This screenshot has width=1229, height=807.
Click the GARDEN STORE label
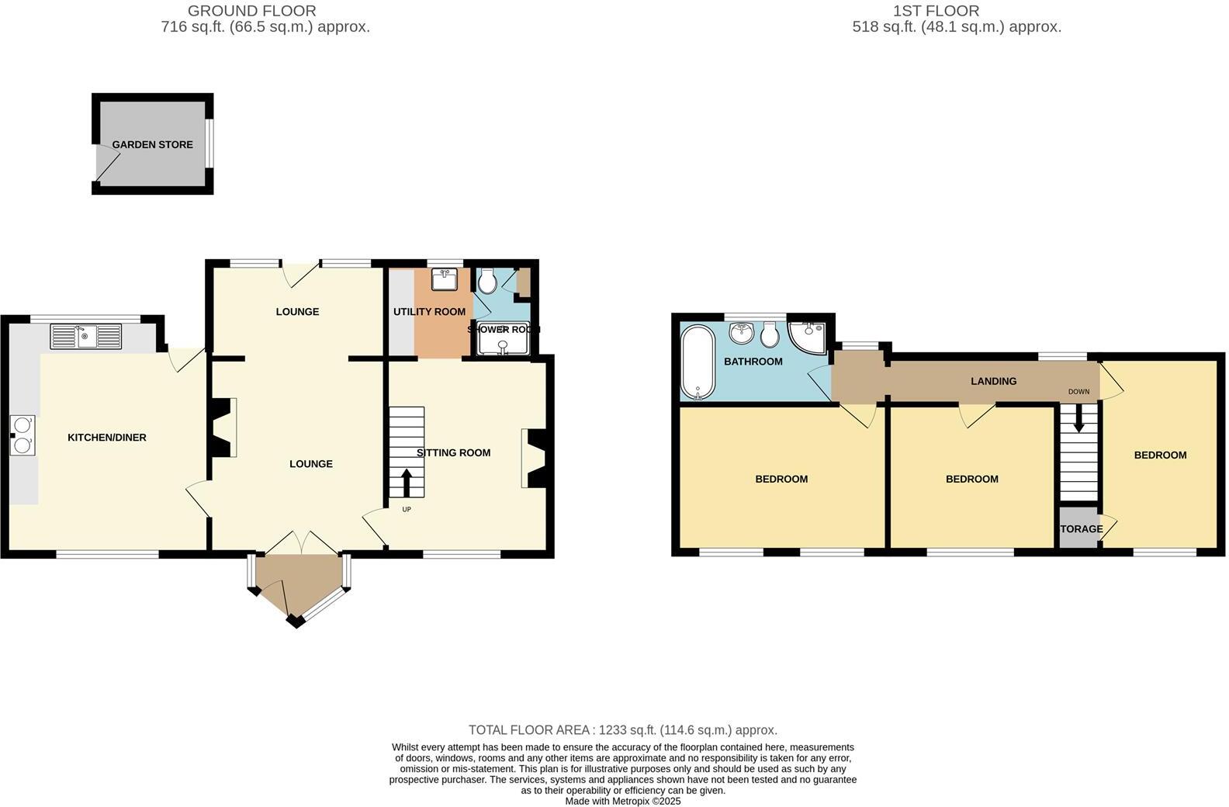tap(152, 144)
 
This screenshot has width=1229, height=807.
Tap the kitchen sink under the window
tap(86, 336)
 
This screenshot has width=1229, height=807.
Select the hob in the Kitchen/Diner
tap(23, 435)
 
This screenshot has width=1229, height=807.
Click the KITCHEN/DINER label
tap(107, 438)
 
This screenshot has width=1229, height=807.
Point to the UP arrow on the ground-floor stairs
tap(407, 482)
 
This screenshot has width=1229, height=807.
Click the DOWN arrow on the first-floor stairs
tap(1078, 422)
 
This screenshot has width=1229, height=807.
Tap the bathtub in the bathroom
tap(697, 362)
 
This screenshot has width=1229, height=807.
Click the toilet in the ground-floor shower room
tap(487, 280)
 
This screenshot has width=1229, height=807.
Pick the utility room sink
tap(445, 279)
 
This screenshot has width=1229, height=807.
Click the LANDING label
tap(993, 381)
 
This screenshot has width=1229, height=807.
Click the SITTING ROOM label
tap(453, 452)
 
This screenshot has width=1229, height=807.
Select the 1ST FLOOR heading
tap(936, 11)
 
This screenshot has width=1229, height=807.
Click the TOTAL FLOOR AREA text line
tap(622, 730)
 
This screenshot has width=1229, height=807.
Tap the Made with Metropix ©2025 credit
tap(622, 801)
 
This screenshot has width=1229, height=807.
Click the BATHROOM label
tap(753, 362)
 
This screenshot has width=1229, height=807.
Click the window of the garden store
tap(209, 143)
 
